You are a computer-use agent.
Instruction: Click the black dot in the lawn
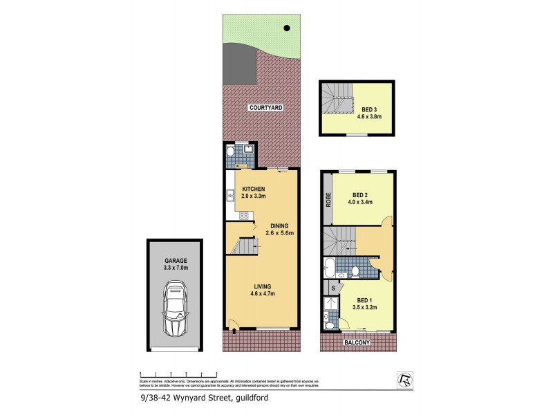pos(286,28)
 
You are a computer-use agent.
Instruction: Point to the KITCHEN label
pos(253,190)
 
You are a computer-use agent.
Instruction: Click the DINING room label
pos(279,225)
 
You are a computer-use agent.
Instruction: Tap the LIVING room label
pos(261,286)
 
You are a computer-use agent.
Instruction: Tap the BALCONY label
pos(357,343)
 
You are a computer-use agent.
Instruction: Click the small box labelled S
pos(333,288)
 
